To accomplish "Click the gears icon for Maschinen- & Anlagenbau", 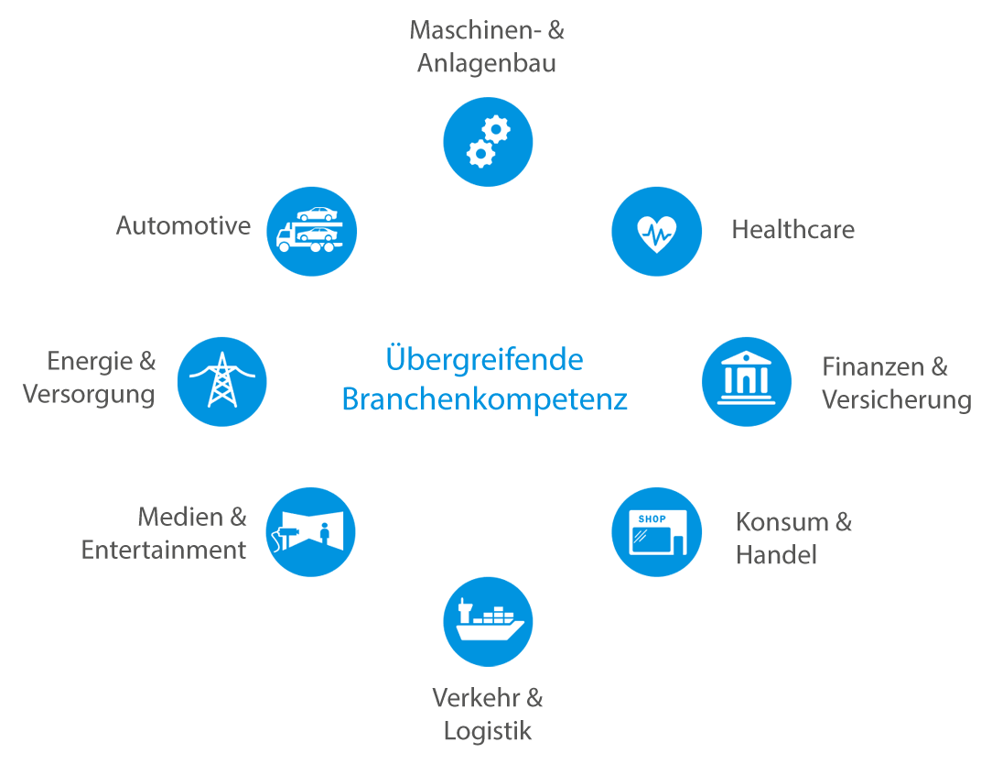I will [488, 142].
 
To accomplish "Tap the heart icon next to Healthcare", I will [656, 231].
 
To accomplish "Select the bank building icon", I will [747, 381].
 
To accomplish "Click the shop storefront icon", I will [656, 532].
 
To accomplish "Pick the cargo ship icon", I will [488, 622].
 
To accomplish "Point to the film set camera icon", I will [310, 532].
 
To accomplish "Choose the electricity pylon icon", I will [221, 381].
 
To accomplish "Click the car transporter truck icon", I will [311, 231].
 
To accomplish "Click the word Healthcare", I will [792, 229].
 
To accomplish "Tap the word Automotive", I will [183, 225].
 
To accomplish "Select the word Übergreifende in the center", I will [484, 358].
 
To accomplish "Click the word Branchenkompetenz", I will [484, 399].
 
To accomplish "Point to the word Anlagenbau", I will [486, 64].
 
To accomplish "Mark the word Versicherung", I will [896, 399].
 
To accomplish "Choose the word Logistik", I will [487, 731].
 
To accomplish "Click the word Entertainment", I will [163, 550].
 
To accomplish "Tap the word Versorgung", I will [89, 395].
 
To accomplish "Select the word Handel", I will [776, 555].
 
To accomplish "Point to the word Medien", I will [180, 517].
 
